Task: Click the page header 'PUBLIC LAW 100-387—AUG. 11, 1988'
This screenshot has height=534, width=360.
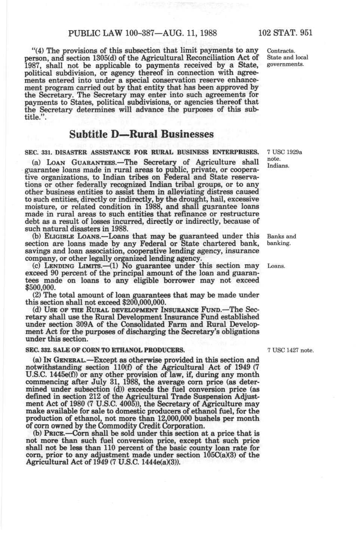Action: point(143,33)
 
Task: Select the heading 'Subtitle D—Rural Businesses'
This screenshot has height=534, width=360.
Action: point(142,134)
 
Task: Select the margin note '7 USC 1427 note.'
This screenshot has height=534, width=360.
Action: point(290,350)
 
